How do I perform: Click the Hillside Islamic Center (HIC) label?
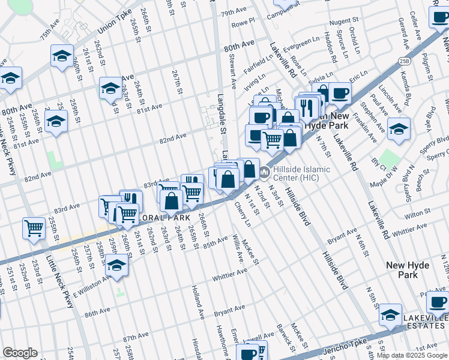click(301, 173)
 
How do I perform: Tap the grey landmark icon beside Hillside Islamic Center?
click(265, 173)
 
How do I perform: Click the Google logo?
click(20, 353)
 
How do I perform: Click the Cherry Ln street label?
click(243, 214)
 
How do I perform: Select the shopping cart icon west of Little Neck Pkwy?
click(34, 227)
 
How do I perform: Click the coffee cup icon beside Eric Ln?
click(340, 93)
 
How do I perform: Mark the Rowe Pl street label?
click(243, 23)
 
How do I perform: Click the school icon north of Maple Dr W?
click(399, 128)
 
